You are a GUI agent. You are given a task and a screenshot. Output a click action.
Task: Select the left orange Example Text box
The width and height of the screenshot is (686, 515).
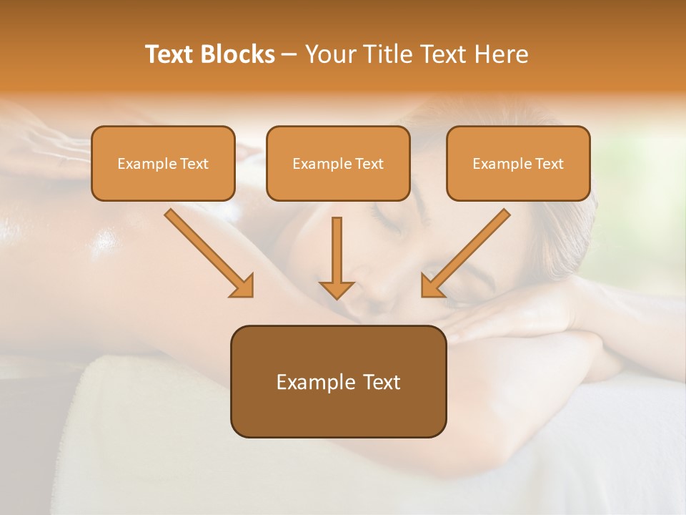(163, 164)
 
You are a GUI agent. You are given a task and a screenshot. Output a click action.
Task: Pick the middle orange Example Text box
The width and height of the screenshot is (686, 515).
(338, 164)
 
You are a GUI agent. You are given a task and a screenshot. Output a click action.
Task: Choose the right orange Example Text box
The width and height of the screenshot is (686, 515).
(518, 164)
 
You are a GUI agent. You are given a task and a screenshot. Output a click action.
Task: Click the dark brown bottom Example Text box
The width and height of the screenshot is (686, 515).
(338, 382)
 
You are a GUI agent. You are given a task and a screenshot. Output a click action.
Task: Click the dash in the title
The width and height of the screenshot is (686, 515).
(289, 54)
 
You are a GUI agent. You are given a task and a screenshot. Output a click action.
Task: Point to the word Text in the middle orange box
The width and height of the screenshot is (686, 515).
(368, 164)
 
